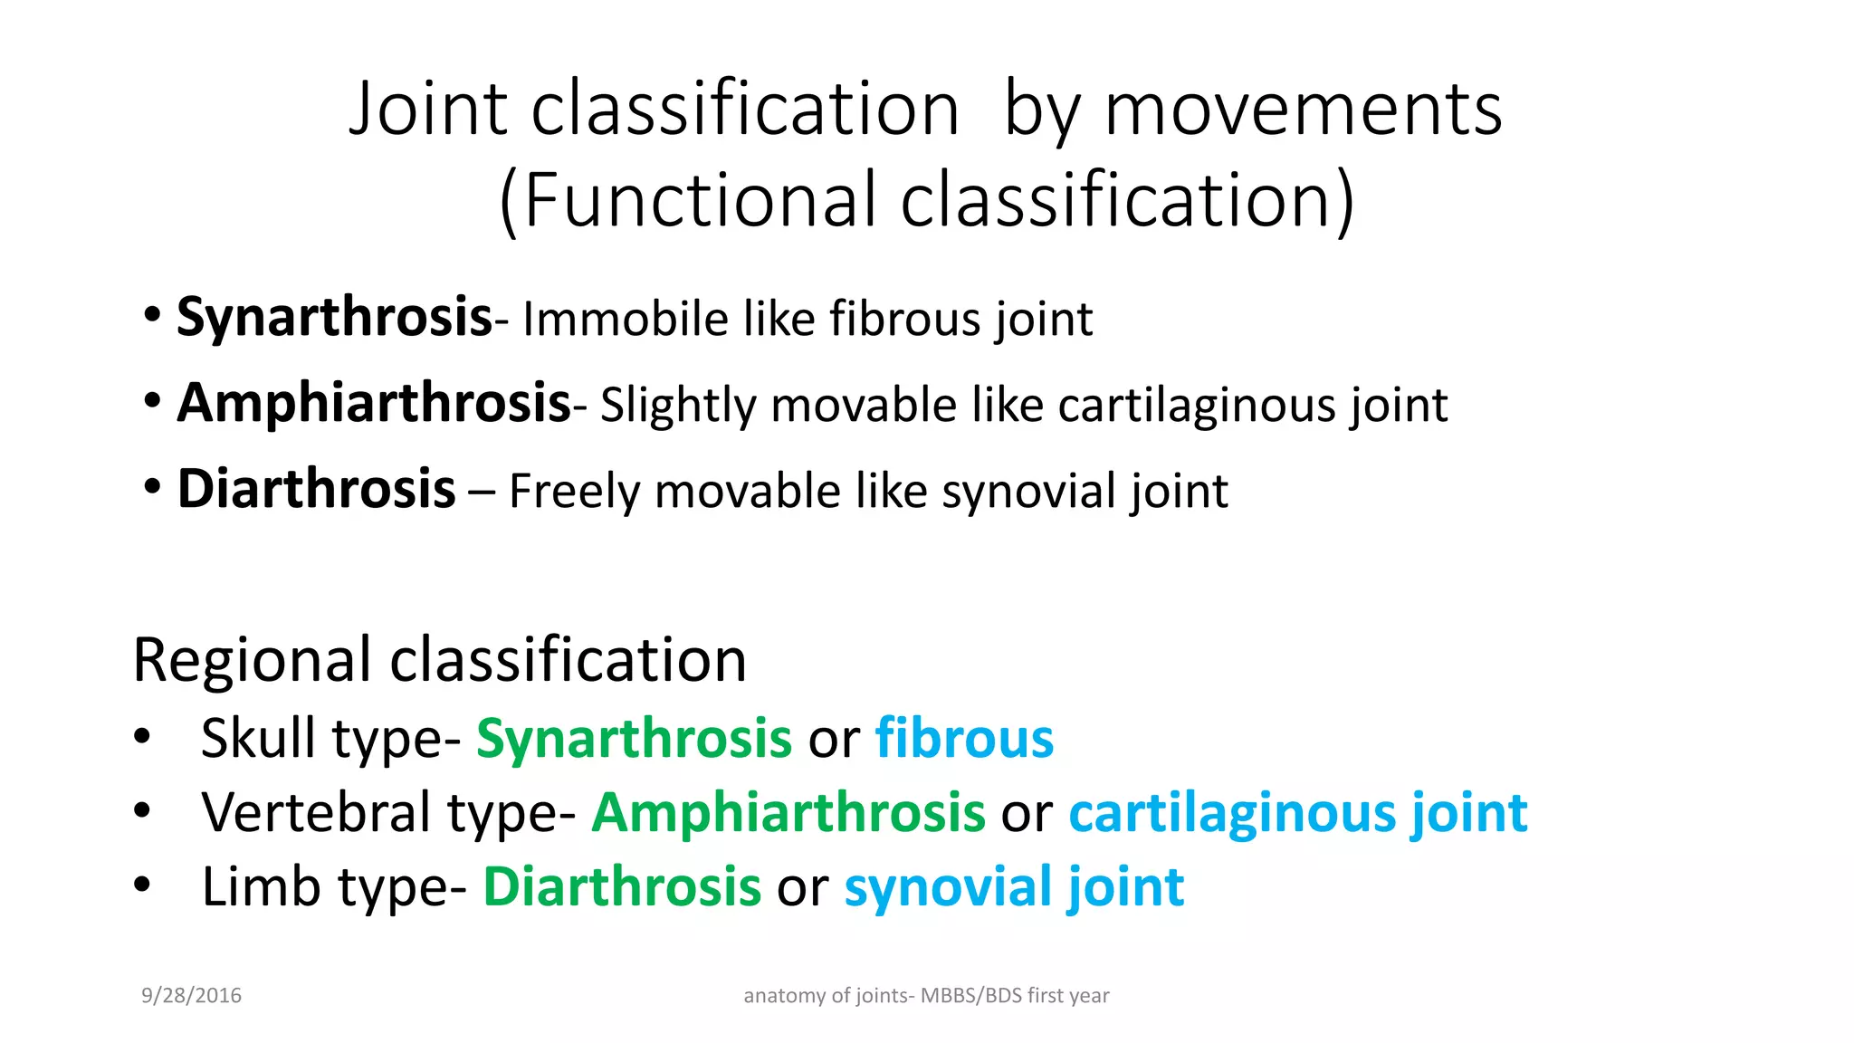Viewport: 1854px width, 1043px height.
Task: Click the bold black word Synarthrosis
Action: click(333, 318)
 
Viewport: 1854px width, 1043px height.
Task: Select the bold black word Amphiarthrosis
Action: click(374, 403)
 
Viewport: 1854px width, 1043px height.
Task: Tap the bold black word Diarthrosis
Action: click(316, 489)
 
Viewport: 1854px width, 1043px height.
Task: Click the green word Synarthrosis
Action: click(634, 738)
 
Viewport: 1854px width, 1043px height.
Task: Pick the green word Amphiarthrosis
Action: click(788, 812)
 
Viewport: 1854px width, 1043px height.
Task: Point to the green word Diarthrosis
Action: click(622, 886)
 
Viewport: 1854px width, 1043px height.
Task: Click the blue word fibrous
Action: click(964, 738)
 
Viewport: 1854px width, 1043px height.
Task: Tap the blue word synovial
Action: click(946, 886)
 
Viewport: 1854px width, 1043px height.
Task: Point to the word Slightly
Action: click(677, 405)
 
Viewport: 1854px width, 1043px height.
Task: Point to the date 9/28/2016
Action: click(191, 996)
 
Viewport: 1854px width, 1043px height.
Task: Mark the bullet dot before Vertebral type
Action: click(141, 809)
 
